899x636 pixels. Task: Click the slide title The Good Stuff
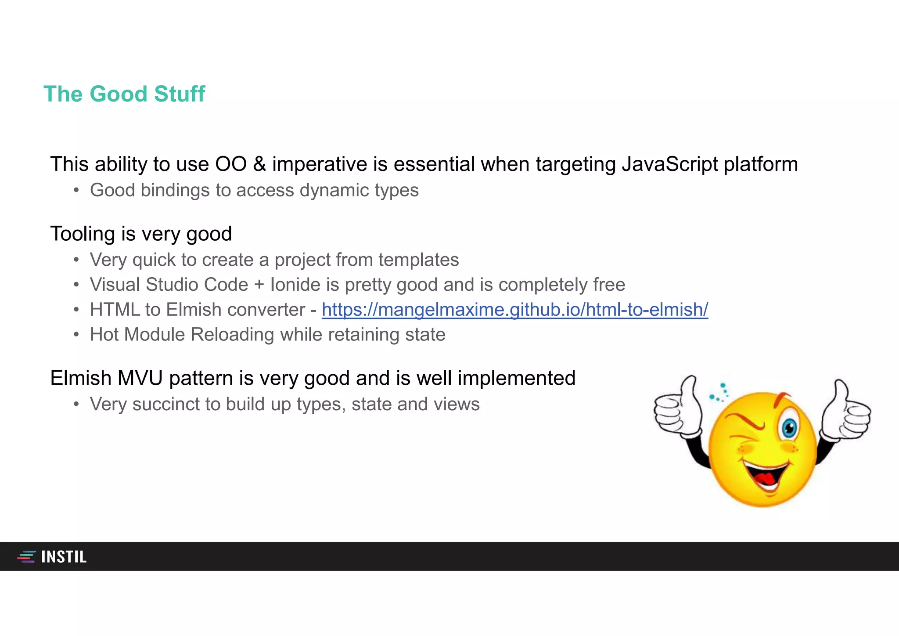pos(124,94)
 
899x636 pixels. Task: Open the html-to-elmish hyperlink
pos(514,310)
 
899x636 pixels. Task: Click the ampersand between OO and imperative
pos(259,164)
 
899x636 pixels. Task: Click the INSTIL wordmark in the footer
pos(64,557)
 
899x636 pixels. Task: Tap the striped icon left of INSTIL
pos(26,556)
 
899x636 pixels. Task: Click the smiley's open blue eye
pos(789,427)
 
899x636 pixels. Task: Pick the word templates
pos(418,260)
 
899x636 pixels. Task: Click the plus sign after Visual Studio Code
pos(259,285)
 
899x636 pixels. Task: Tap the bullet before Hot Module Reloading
pos(76,335)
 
